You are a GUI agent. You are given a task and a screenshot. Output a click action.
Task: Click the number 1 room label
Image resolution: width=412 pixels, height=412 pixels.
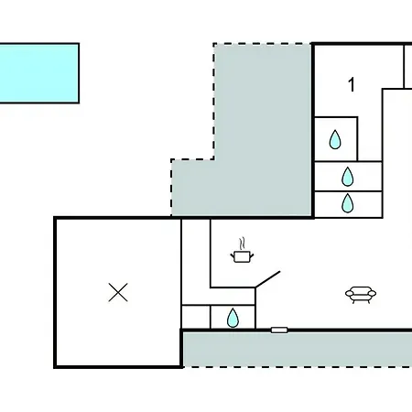(x=352, y=84)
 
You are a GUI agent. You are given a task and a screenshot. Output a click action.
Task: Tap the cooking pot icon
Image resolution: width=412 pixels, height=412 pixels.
(x=242, y=256)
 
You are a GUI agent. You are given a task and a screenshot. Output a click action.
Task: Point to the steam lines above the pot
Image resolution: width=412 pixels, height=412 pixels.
(x=242, y=244)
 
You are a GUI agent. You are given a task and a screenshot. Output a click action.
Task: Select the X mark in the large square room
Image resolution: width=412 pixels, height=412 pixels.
(x=118, y=292)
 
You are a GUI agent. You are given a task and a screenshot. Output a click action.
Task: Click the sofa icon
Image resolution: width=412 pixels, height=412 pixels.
(x=361, y=295)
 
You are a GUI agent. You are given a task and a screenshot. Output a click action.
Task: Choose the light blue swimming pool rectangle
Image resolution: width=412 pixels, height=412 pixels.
(x=39, y=73)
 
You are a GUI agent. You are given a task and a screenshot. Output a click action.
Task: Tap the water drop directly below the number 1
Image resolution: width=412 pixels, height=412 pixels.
(x=335, y=140)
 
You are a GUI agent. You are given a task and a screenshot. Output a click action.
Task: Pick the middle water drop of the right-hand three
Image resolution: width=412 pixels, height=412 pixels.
(x=348, y=177)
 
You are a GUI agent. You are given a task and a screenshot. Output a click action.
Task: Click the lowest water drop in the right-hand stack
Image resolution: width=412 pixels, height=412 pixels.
(x=348, y=203)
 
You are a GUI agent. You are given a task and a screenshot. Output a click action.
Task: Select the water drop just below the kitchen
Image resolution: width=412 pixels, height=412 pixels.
(x=233, y=318)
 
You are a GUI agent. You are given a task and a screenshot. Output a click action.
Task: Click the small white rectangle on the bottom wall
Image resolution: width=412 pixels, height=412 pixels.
(x=279, y=330)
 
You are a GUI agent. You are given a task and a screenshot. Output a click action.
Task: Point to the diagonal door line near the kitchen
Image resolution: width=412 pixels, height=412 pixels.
(x=267, y=279)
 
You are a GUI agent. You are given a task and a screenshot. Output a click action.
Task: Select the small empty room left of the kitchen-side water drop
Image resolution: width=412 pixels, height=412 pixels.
(x=196, y=317)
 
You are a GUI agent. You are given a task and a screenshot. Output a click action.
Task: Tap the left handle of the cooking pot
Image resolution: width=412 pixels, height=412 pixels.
(x=233, y=255)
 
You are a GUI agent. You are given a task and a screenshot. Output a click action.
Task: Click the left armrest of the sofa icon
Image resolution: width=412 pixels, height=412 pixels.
(x=349, y=294)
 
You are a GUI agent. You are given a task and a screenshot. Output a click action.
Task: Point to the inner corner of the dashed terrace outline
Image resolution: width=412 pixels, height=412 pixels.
(x=214, y=159)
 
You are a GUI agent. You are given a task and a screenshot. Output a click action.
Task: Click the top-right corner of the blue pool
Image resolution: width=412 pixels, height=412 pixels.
(x=79, y=44)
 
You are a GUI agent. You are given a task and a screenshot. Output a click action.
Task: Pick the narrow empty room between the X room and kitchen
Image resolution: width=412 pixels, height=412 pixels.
(x=196, y=262)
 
